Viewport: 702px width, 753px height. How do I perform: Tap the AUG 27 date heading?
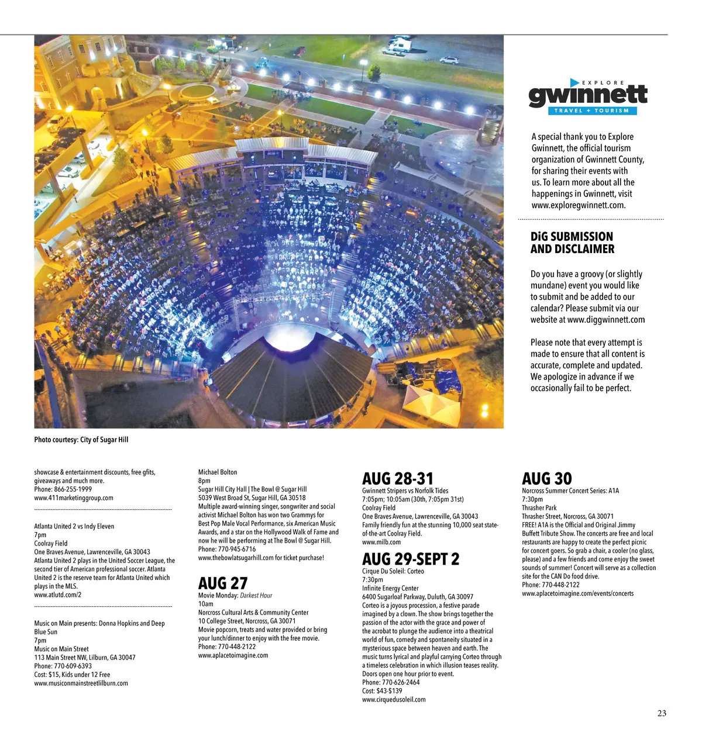pos(223,583)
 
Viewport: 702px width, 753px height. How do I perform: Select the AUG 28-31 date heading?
pos(398,478)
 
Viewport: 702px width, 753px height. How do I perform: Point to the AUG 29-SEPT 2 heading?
pos(411,559)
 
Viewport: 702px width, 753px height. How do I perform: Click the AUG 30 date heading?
pos(547,478)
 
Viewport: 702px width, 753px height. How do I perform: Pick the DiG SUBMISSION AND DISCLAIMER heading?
pos(572,243)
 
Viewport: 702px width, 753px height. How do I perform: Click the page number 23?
pos(662,713)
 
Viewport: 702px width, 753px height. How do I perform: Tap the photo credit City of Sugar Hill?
pos(81,440)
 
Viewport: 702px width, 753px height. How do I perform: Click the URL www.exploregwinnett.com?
pos(579,205)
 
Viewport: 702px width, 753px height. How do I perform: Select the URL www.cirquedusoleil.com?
pos(394,699)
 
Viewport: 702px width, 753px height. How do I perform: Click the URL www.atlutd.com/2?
pos(58,595)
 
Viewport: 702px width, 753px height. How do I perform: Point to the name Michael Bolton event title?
pos(218,472)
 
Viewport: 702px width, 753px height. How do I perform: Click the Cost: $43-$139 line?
pos(382,691)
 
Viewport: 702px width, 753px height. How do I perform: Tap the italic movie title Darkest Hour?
pos(256,595)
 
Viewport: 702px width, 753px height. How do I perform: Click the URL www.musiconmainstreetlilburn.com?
pos(81,683)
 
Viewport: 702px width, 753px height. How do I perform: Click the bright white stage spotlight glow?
pos(291,337)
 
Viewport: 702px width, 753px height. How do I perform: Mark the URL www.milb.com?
pos(381,542)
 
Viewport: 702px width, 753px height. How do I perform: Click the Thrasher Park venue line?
pos(539,507)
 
